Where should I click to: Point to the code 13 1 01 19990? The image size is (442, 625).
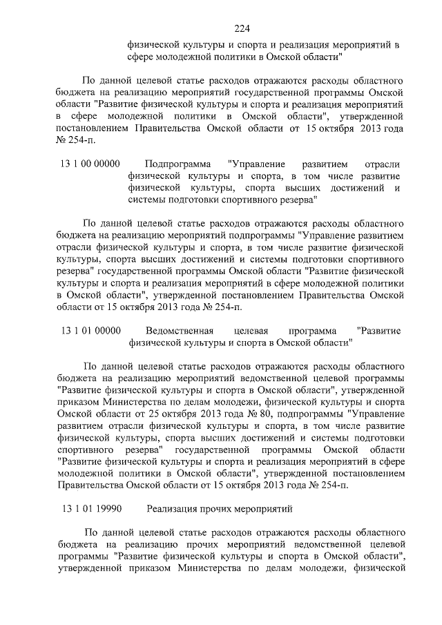click(91, 509)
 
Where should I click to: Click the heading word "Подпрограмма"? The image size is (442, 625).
click(178, 164)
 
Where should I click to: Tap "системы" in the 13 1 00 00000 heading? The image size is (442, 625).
click(147, 200)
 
